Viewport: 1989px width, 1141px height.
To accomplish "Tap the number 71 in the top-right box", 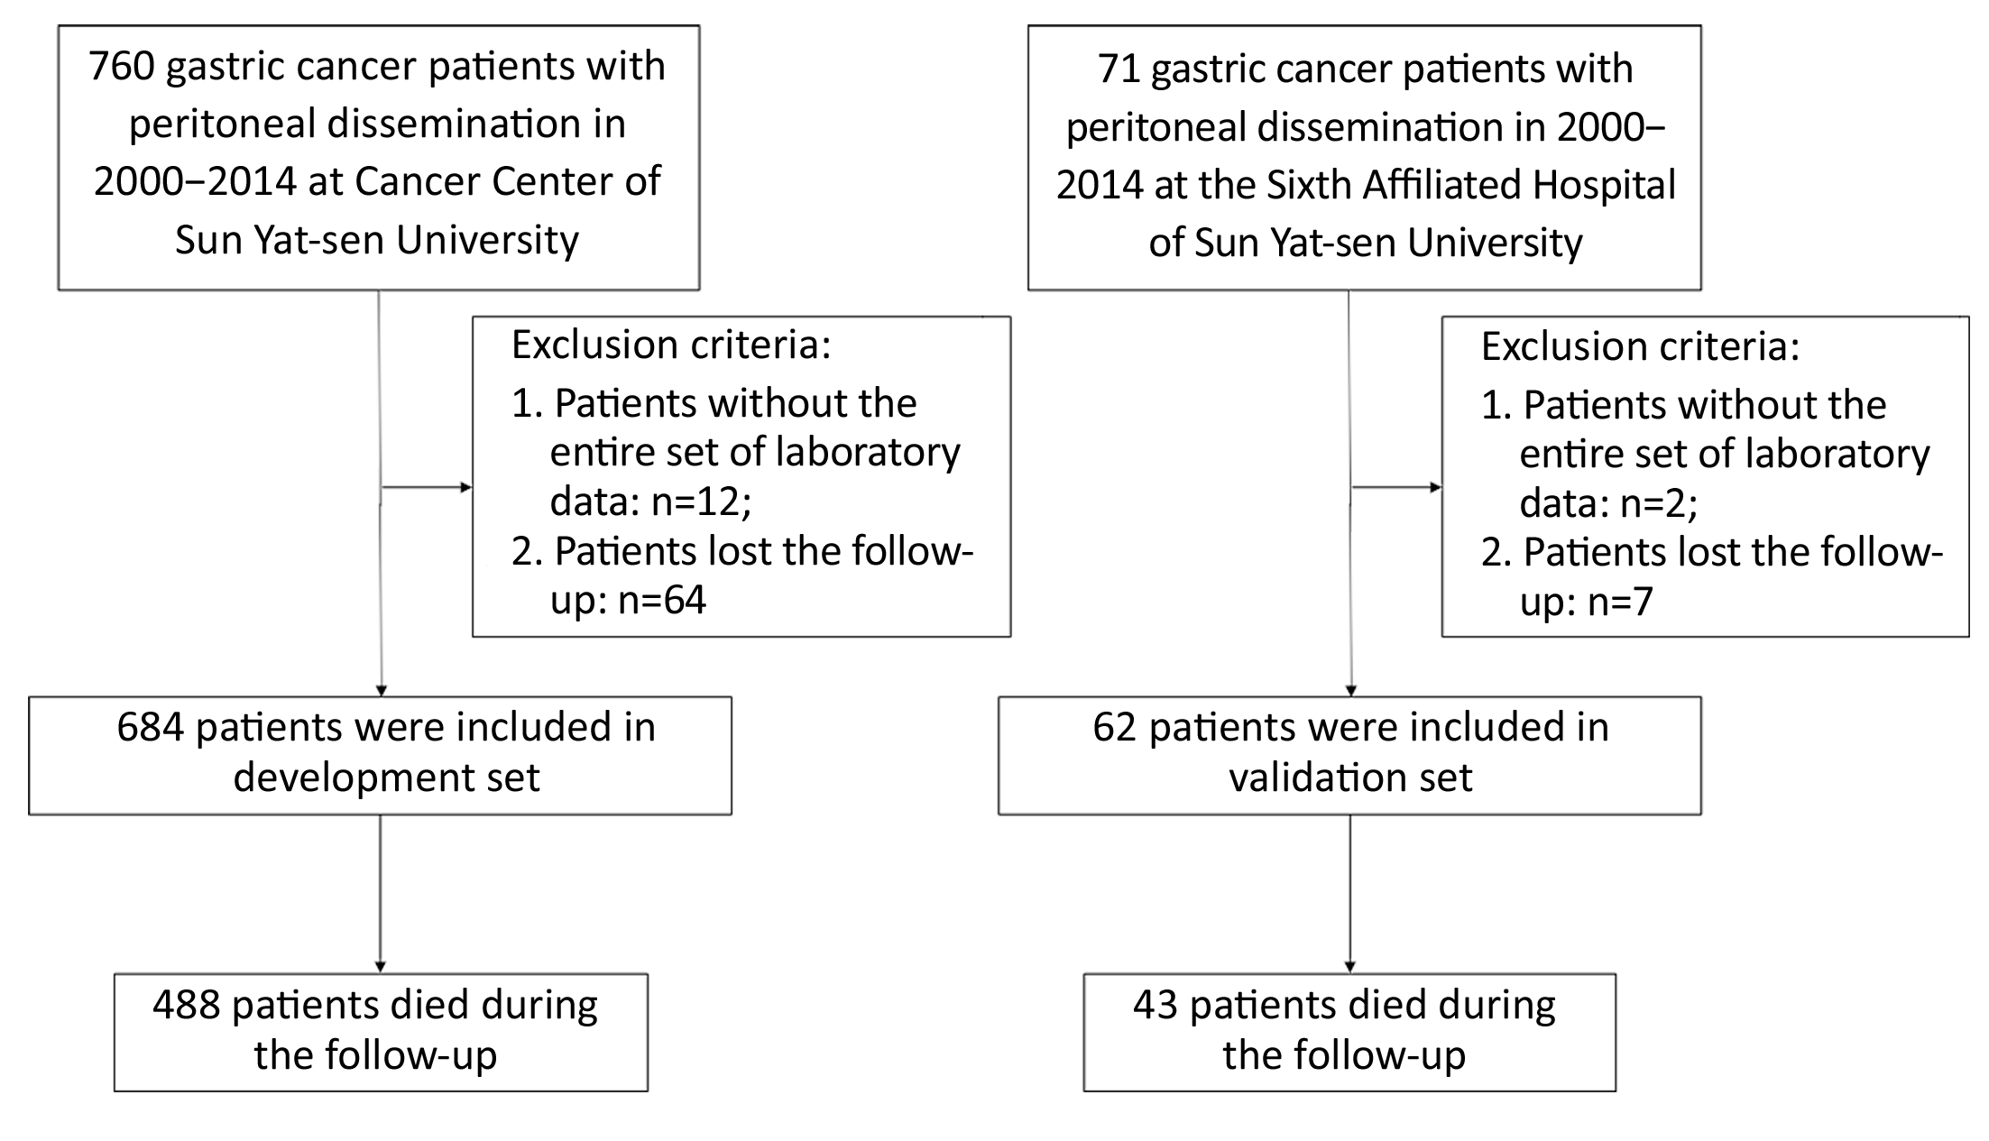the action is tap(1119, 69).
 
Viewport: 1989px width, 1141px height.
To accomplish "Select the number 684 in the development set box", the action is tap(150, 728).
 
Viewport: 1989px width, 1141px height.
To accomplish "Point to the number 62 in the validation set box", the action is tap(1115, 728).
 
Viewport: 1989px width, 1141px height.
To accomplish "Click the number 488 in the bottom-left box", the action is tap(187, 1005).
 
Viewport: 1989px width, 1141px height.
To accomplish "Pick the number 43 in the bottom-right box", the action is tap(1156, 1005).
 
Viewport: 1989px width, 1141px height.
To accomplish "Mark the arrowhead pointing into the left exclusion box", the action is tap(466, 488).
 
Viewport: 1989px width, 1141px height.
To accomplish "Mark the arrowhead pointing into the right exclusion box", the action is tap(1435, 488).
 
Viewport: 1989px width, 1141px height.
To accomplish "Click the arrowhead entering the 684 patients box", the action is tap(381, 691).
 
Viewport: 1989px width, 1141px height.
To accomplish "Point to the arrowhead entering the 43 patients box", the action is tap(1349, 968).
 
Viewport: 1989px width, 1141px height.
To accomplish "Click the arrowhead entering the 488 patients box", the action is tap(380, 968).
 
